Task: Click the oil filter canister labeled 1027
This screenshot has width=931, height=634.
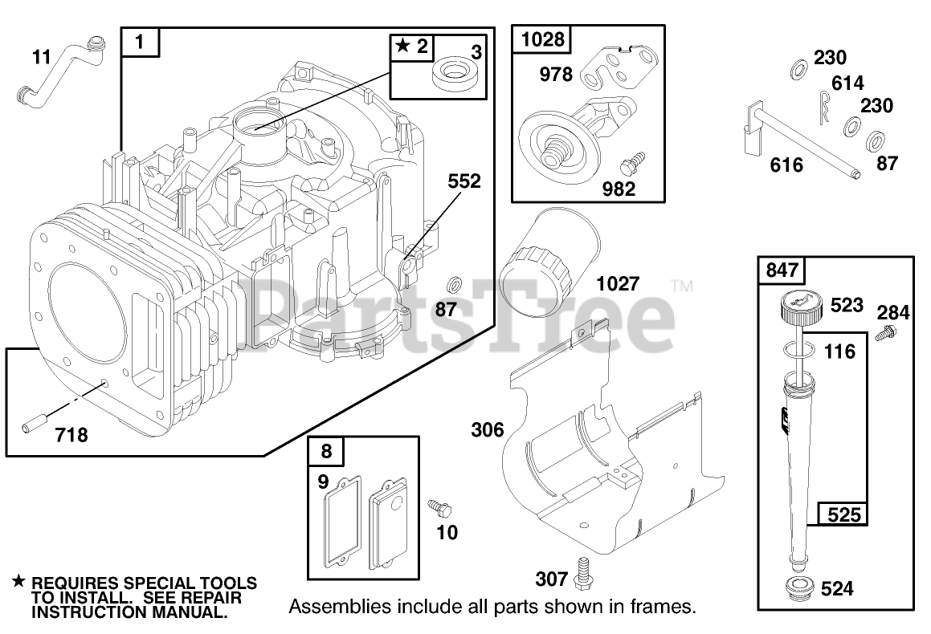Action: click(549, 270)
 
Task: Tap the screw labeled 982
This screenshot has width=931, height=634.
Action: click(628, 167)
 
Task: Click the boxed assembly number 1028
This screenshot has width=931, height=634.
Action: click(544, 39)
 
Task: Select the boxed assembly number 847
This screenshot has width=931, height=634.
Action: click(778, 270)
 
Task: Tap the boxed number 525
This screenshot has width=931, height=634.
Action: click(843, 514)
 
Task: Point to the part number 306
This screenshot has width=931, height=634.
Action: click(488, 430)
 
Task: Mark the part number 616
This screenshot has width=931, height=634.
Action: click(786, 165)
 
